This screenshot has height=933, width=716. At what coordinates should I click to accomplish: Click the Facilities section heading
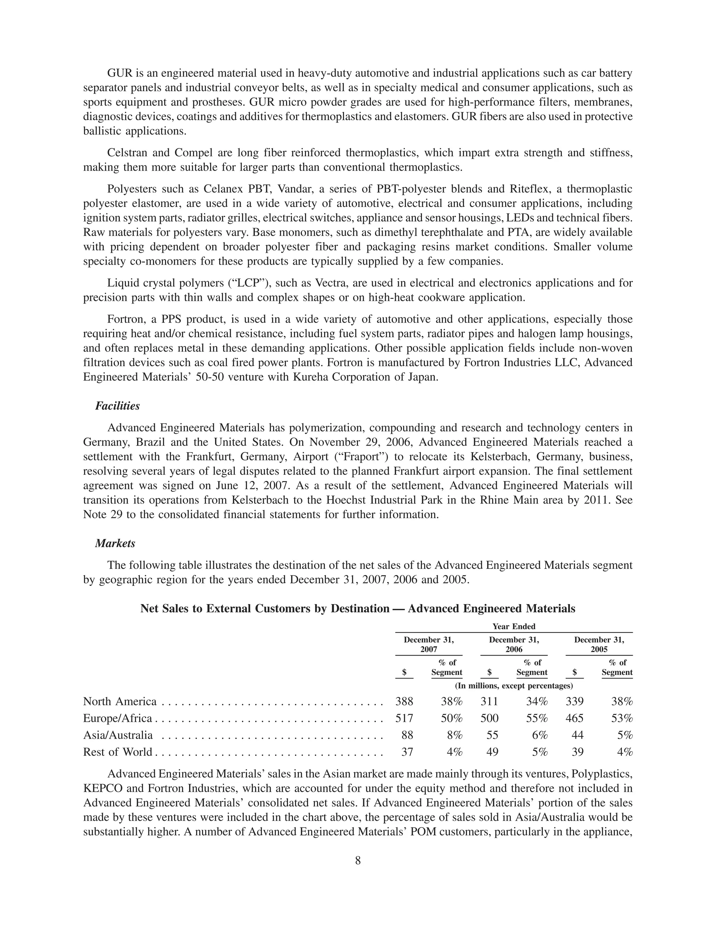[x=117, y=406]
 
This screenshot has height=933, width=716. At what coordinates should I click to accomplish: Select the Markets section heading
[x=115, y=544]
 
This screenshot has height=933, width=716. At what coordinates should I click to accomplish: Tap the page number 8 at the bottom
[x=358, y=861]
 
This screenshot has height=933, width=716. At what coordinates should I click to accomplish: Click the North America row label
[x=120, y=702]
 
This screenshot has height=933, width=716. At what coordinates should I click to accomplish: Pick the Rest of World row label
[x=117, y=752]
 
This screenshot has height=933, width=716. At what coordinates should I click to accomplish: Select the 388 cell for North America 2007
[x=404, y=702]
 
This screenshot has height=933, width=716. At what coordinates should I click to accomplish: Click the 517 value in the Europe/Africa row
[x=404, y=718]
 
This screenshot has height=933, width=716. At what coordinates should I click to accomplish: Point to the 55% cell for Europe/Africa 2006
[x=536, y=718]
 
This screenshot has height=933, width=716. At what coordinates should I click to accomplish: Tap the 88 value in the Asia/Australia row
[x=407, y=735]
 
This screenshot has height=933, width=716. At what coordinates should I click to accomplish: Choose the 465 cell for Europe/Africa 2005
[x=574, y=718]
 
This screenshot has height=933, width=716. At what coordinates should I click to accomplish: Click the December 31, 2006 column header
[x=514, y=645]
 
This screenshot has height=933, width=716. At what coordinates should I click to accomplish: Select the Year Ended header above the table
[x=514, y=626]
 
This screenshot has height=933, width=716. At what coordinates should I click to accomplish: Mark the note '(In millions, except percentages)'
[x=514, y=686]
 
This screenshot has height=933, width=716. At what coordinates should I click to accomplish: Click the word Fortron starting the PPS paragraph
[x=124, y=320]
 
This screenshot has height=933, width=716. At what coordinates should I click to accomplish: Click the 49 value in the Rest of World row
[x=492, y=752]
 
